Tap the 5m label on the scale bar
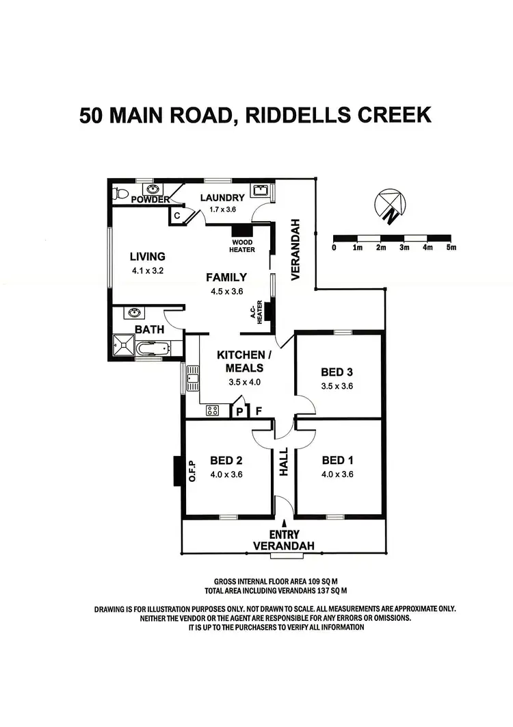[451, 247]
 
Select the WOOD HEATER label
[241, 246]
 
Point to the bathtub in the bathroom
[151, 349]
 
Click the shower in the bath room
[124, 346]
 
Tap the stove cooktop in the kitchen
[212, 411]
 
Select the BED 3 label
[337, 372]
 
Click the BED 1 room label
[337, 460]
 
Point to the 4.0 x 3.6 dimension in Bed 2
[226, 474]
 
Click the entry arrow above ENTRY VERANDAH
[285, 524]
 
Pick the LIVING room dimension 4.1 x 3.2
[148, 270]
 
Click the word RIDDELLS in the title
[299, 114]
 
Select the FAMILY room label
[226, 277]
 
